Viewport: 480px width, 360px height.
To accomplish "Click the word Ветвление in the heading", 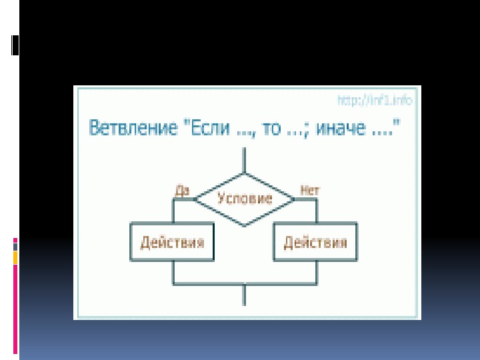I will point(127,128).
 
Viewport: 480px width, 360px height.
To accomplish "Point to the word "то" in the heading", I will point(272,128).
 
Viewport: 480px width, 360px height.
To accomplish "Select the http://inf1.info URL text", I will point(375,101).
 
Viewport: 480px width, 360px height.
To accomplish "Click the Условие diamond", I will point(245,198).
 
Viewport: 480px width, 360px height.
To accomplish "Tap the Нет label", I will point(310,190).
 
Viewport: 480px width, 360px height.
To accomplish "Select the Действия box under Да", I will point(172,242).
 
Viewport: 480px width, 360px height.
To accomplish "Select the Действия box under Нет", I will point(315,242).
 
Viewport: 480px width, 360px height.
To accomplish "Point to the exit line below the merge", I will point(245,295).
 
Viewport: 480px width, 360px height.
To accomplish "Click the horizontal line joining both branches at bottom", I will point(245,283).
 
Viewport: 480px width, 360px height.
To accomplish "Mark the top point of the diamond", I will point(245,172).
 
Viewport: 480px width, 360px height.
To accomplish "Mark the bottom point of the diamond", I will point(245,225).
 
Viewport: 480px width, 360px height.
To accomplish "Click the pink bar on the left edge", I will point(15,307).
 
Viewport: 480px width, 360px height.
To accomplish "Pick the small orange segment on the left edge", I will point(15,257).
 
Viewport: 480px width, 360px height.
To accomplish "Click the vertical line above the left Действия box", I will point(173,210).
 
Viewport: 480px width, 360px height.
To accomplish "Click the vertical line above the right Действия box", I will point(317,210).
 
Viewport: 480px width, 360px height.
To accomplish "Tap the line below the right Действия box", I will point(317,272).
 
